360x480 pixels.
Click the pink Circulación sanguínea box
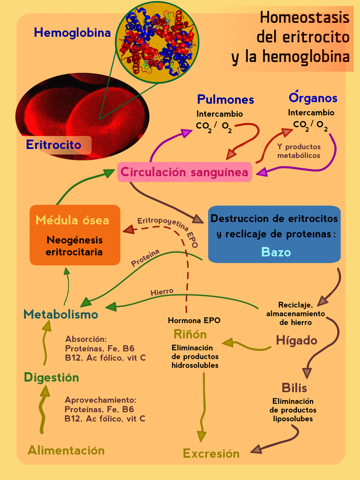[x=184, y=172]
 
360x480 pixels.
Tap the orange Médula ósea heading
[x=72, y=220]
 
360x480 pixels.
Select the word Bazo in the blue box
[x=276, y=252]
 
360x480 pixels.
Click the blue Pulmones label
[x=225, y=99]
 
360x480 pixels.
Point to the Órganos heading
[x=313, y=98]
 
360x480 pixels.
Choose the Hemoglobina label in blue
[x=72, y=33]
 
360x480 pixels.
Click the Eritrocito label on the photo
[x=53, y=145]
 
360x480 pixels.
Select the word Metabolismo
[x=60, y=314]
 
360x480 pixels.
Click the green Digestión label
[x=51, y=377]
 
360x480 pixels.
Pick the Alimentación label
[x=66, y=450]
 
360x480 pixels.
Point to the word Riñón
[x=190, y=334]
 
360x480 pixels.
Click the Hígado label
[x=297, y=340]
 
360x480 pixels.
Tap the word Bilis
[x=294, y=388]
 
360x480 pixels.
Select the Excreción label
[x=211, y=454]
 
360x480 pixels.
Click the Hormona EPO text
[x=194, y=321]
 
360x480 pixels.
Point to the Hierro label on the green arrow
[x=162, y=292]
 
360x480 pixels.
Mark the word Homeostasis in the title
[x=304, y=18]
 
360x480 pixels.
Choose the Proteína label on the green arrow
[x=145, y=258]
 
